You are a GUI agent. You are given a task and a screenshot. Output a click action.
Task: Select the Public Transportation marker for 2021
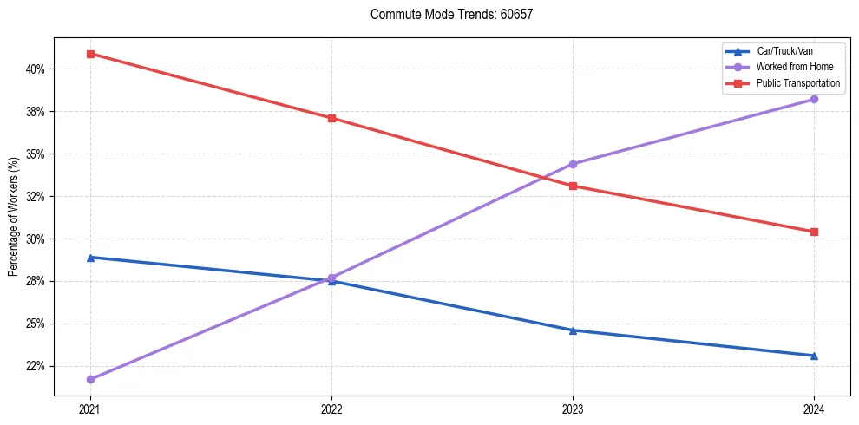click(90, 54)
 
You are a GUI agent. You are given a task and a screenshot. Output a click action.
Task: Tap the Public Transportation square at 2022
click(331, 118)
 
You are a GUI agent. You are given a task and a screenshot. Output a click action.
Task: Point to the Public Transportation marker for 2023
click(573, 186)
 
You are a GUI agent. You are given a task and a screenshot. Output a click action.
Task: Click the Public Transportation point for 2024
click(814, 232)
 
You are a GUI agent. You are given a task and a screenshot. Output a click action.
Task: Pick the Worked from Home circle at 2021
click(90, 379)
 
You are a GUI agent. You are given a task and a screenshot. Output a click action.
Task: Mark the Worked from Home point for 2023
click(573, 164)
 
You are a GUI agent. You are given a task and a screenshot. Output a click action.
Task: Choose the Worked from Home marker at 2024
click(814, 99)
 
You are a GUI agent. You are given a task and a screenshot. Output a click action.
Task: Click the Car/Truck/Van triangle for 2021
click(90, 258)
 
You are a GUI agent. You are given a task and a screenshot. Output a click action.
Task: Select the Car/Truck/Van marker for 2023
click(573, 330)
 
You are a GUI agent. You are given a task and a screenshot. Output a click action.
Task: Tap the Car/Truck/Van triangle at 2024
click(814, 356)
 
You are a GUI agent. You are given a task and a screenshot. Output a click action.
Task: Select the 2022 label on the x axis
click(331, 408)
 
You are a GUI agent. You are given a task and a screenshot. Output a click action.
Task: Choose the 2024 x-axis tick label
click(814, 408)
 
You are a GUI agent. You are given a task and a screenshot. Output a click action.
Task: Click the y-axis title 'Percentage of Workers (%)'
click(13, 217)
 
